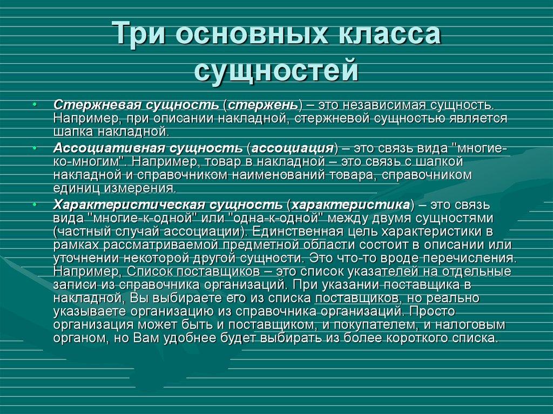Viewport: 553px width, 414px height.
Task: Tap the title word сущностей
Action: (276, 70)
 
